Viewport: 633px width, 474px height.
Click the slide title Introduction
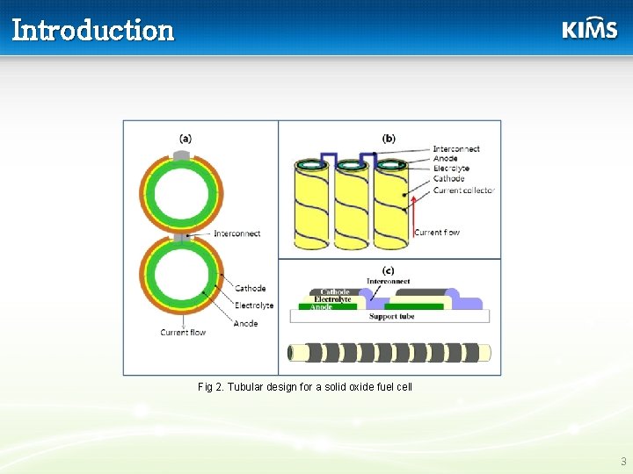pos(93,30)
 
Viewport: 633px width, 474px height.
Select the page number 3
pos(623,462)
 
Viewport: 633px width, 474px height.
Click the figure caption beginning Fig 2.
pos(305,387)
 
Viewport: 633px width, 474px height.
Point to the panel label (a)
pos(186,138)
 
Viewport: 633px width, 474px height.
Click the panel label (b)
pos(389,138)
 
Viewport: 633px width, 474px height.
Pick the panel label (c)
pos(388,270)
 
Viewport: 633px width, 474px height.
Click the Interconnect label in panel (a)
pos(236,233)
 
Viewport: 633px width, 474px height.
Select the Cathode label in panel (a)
pos(250,288)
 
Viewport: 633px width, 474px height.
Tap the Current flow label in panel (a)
pos(183,333)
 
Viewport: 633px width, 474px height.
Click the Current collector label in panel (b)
pos(463,190)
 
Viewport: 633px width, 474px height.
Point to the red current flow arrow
pos(411,215)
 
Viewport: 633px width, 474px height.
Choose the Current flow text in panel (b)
pos(437,233)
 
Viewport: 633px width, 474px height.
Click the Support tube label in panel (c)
pos(391,316)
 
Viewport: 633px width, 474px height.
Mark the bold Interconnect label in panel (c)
pos(389,281)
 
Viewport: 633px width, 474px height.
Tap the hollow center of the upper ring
pos(181,193)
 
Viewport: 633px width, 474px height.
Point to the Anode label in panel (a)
pos(245,323)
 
